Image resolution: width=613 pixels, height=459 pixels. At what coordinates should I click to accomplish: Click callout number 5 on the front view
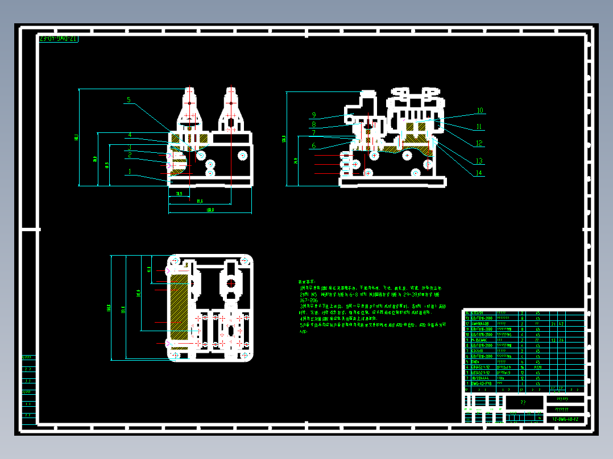point(129,100)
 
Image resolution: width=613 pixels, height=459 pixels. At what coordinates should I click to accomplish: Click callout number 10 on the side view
point(479,111)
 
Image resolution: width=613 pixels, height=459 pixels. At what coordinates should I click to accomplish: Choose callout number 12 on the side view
point(479,144)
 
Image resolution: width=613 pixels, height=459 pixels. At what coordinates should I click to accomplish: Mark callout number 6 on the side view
point(313,146)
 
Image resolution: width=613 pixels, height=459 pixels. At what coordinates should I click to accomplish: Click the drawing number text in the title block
point(565,419)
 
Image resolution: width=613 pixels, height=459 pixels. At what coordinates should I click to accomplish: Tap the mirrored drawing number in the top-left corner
point(59,39)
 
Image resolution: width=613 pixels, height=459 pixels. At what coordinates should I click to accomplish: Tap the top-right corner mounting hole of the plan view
point(246,261)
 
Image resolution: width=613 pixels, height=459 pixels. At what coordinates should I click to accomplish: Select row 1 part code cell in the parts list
point(481,384)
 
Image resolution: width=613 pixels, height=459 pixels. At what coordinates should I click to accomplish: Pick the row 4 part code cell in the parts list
point(481,368)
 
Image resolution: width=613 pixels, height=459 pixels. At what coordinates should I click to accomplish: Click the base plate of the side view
point(392,182)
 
